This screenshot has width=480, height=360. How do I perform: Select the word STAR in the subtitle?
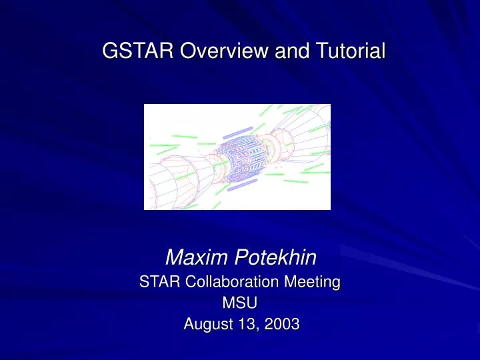click(x=157, y=283)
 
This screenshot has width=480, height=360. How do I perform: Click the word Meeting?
click(x=315, y=283)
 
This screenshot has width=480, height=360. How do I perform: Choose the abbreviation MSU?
click(x=239, y=303)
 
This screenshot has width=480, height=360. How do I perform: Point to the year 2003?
click(x=280, y=325)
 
